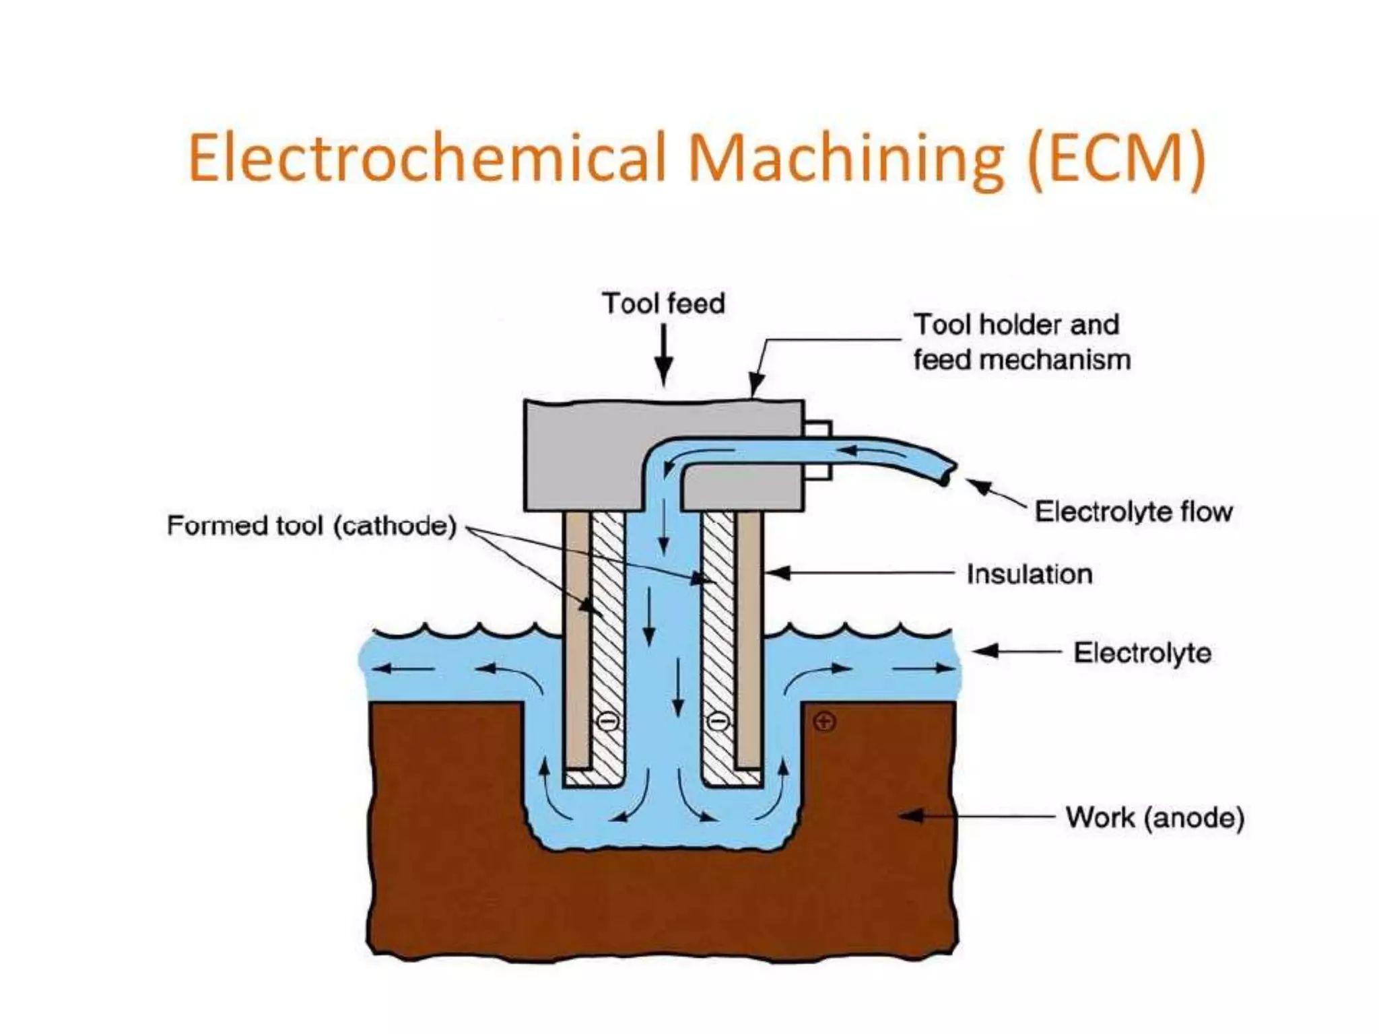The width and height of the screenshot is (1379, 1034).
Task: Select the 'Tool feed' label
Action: (x=663, y=304)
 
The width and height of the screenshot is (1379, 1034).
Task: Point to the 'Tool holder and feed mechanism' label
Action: (x=1021, y=342)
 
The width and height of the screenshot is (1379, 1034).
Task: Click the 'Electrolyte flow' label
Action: (x=1133, y=512)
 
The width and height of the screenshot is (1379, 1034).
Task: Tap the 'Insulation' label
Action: (x=1030, y=574)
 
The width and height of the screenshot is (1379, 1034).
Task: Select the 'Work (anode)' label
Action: (x=1155, y=818)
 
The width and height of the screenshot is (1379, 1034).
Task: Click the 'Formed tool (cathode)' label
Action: (x=312, y=526)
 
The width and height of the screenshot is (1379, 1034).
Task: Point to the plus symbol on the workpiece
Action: (x=825, y=722)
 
